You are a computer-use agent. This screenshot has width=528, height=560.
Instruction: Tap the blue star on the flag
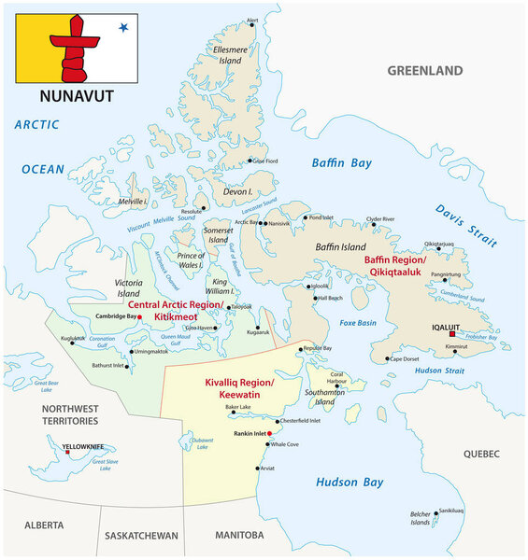[122, 28]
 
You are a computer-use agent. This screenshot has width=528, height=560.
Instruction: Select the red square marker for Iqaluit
[451, 334]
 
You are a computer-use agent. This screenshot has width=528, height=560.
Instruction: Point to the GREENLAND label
[425, 70]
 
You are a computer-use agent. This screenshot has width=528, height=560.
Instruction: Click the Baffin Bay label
[342, 163]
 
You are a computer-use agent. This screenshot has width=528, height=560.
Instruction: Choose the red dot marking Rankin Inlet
[268, 434]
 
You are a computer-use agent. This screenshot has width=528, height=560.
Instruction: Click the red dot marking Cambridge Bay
[139, 317]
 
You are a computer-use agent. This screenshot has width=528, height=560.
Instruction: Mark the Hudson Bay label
[350, 483]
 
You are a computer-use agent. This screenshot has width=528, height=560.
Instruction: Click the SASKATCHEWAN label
[140, 536]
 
